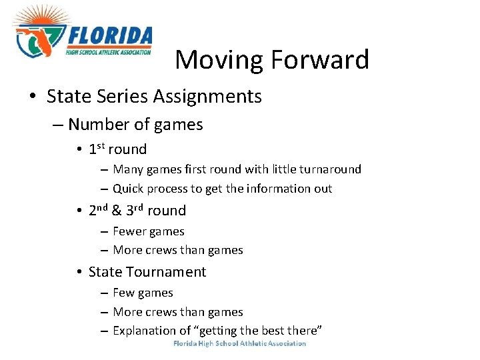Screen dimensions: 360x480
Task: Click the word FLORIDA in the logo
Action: point(109,36)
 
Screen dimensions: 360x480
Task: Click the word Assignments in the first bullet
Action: point(207,97)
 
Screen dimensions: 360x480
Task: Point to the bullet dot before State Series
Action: point(33,97)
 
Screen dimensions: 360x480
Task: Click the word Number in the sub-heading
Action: point(92,125)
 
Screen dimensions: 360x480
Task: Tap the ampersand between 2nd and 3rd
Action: point(116,211)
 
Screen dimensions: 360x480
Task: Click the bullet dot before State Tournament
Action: point(79,273)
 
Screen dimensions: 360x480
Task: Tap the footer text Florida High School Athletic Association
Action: point(239,344)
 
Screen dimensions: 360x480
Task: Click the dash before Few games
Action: point(105,293)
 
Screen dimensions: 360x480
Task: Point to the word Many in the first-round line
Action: point(127,169)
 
